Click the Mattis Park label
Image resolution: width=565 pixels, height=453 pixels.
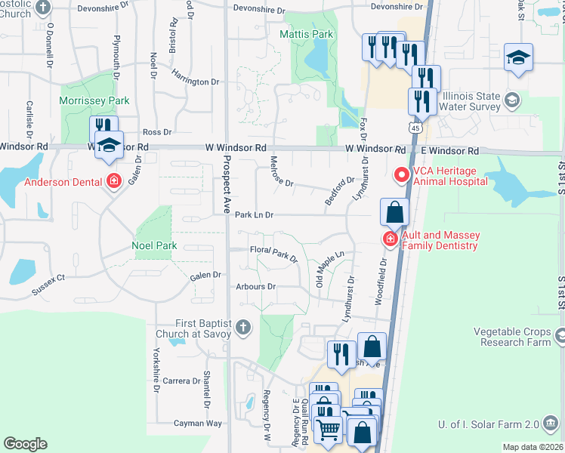point(306,34)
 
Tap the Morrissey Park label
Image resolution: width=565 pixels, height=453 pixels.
point(95,100)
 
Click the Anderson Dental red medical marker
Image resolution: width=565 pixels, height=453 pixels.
point(114,181)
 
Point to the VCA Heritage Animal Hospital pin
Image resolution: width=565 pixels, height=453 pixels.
point(400,175)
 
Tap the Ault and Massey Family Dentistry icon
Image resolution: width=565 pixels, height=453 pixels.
point(390,240)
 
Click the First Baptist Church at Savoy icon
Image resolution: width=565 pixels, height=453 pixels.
point(242,328)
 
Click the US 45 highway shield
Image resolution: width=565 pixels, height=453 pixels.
point(416,130)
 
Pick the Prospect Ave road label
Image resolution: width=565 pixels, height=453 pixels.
point(225,186)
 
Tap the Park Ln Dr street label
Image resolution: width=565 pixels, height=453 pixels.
point(253,215)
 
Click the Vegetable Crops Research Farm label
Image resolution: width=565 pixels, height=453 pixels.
point(511,337)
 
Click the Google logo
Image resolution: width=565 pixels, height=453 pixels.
point(25,444)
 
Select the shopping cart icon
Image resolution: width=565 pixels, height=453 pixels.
point(329,430)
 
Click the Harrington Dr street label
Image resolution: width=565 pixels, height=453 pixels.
point(195,81)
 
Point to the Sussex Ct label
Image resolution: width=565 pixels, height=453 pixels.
point(48,284)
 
